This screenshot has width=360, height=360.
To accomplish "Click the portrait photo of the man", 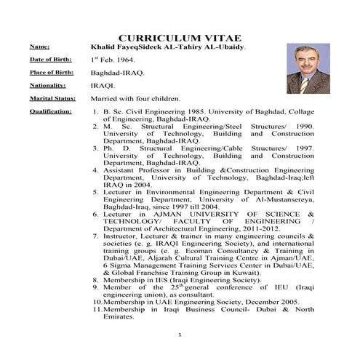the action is (x=308, y=68).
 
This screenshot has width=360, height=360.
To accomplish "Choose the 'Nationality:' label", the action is (x=47, y=85).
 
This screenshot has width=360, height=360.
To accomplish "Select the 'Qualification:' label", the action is (x=50, y=111).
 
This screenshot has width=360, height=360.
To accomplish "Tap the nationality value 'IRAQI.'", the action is (x=103, y=85).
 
